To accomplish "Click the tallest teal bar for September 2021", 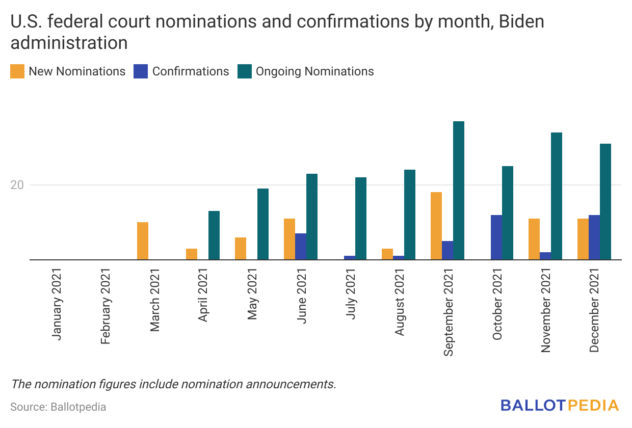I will coord(459,191).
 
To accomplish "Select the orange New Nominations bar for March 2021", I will coord(143,241).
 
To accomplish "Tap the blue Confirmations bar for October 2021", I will coord(496,237).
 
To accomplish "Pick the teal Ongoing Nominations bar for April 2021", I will coord(214,235).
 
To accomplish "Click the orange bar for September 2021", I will coord(436,226).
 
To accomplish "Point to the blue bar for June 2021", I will coord(301,247).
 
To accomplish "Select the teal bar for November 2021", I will coord(557,196).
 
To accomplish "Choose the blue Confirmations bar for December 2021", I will coord(594,237).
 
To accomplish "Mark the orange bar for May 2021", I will coord(241,249).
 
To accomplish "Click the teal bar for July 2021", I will coord(361,219).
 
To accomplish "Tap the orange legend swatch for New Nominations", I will coord(17,71).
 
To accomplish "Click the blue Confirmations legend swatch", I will coord(141,71).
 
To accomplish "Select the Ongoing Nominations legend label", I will coord(314,71).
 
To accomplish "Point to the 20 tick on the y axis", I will coord(17,185).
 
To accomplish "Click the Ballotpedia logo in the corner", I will coord(559,406).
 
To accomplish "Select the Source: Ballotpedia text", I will coord(58,407).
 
